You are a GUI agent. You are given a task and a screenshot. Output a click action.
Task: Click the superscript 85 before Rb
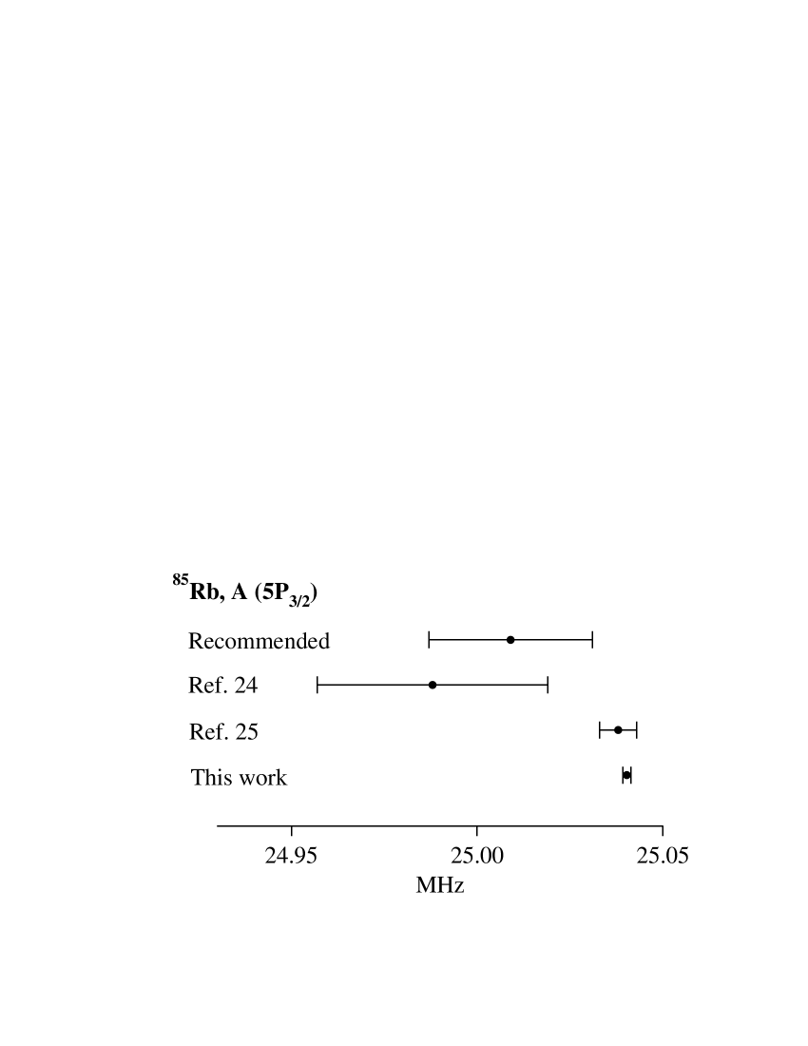[181, 579]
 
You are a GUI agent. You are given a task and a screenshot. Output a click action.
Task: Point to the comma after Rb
[221, 598]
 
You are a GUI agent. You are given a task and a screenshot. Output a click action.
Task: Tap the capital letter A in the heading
[239, 592]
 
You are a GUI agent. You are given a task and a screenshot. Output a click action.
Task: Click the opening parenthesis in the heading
[259, 593]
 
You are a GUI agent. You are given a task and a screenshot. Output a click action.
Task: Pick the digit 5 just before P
[269, 592]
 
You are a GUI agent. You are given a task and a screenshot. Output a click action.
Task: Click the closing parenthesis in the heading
[314, 594]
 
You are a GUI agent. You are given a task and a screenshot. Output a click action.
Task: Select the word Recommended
[259, 641]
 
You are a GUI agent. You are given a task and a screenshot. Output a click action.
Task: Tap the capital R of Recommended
[196, 641]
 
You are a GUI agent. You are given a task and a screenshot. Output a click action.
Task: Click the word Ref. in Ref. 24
[206, 686]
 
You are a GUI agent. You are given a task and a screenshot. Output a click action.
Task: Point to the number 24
[245, 686]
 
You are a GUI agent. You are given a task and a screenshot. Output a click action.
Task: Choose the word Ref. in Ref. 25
[207, 731]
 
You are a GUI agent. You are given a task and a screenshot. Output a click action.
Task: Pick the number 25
[246, 731]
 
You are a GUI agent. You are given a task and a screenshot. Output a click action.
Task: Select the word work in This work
[263, 778]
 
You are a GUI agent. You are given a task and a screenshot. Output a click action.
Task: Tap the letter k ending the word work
[281, 778]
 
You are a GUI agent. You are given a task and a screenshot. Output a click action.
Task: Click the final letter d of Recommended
[324, 641]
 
